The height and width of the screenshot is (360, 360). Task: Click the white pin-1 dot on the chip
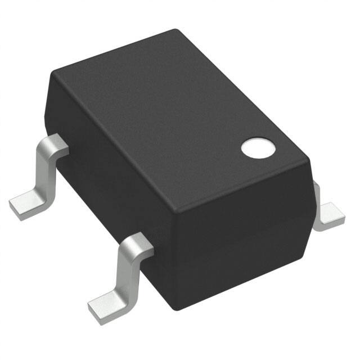point(259,147)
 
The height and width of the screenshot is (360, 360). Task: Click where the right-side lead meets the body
point(315,191)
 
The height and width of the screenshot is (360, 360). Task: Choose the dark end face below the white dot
point(242,236)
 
